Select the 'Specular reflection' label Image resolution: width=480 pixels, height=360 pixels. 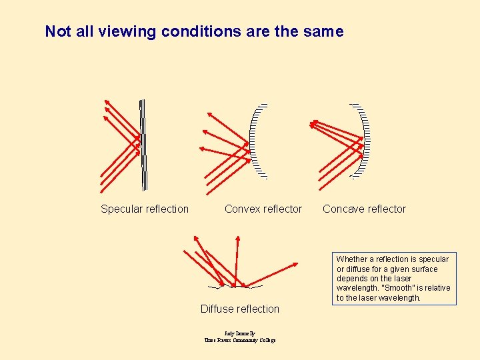click(x=145, y=209)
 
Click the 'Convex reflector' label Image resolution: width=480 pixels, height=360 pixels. click(x=263, y=209)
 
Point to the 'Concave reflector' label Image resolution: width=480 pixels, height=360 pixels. click(x=364, y=209)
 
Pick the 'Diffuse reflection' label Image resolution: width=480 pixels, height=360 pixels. click(x=240, y=309)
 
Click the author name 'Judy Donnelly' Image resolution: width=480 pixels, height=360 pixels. click(x=240, y=333)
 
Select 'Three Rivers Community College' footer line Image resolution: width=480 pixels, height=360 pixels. click(x=240, y=340)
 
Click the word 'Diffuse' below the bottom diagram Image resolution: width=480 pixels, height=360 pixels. click(x=219, y=309)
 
